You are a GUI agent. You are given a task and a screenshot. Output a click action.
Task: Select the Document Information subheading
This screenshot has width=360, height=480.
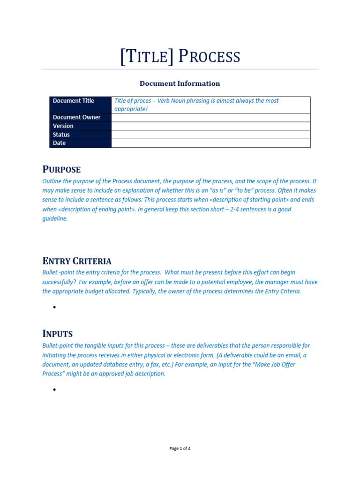point(180,83)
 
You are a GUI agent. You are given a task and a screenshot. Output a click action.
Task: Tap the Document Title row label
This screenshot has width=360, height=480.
point(74,101)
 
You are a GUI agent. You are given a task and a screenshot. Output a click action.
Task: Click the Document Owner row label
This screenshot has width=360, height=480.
point(76,117)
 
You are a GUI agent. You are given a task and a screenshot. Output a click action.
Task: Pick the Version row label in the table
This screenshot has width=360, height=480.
point(63,126)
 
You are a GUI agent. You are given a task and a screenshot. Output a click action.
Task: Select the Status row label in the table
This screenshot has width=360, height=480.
point(61,135)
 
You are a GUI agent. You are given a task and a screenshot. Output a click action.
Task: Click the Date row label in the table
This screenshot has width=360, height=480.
point(60,143)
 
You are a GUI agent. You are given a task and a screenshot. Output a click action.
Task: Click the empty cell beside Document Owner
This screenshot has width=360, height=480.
point(210,117)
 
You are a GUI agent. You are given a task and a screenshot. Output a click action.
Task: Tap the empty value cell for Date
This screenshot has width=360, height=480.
point(210,143)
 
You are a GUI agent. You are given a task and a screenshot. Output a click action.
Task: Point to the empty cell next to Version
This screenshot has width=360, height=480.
point(210,126)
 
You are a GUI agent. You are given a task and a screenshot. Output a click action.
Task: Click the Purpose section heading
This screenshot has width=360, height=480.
point(61,169)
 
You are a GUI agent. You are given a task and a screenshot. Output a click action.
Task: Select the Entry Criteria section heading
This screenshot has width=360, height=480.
point(77,261)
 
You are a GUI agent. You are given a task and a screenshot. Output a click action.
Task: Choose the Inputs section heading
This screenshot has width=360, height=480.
point(58,334)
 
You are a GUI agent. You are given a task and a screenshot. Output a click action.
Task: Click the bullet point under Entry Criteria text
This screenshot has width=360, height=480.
point(54,307)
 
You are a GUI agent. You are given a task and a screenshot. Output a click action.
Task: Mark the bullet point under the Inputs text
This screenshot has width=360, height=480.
point(54,390)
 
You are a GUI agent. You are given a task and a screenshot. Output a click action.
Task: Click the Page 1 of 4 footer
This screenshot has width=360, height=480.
point(180,449)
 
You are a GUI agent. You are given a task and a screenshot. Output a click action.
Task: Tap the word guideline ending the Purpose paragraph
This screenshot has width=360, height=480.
point(55,218)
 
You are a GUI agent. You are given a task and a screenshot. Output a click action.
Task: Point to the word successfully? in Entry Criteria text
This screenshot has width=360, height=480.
point(59,282)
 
